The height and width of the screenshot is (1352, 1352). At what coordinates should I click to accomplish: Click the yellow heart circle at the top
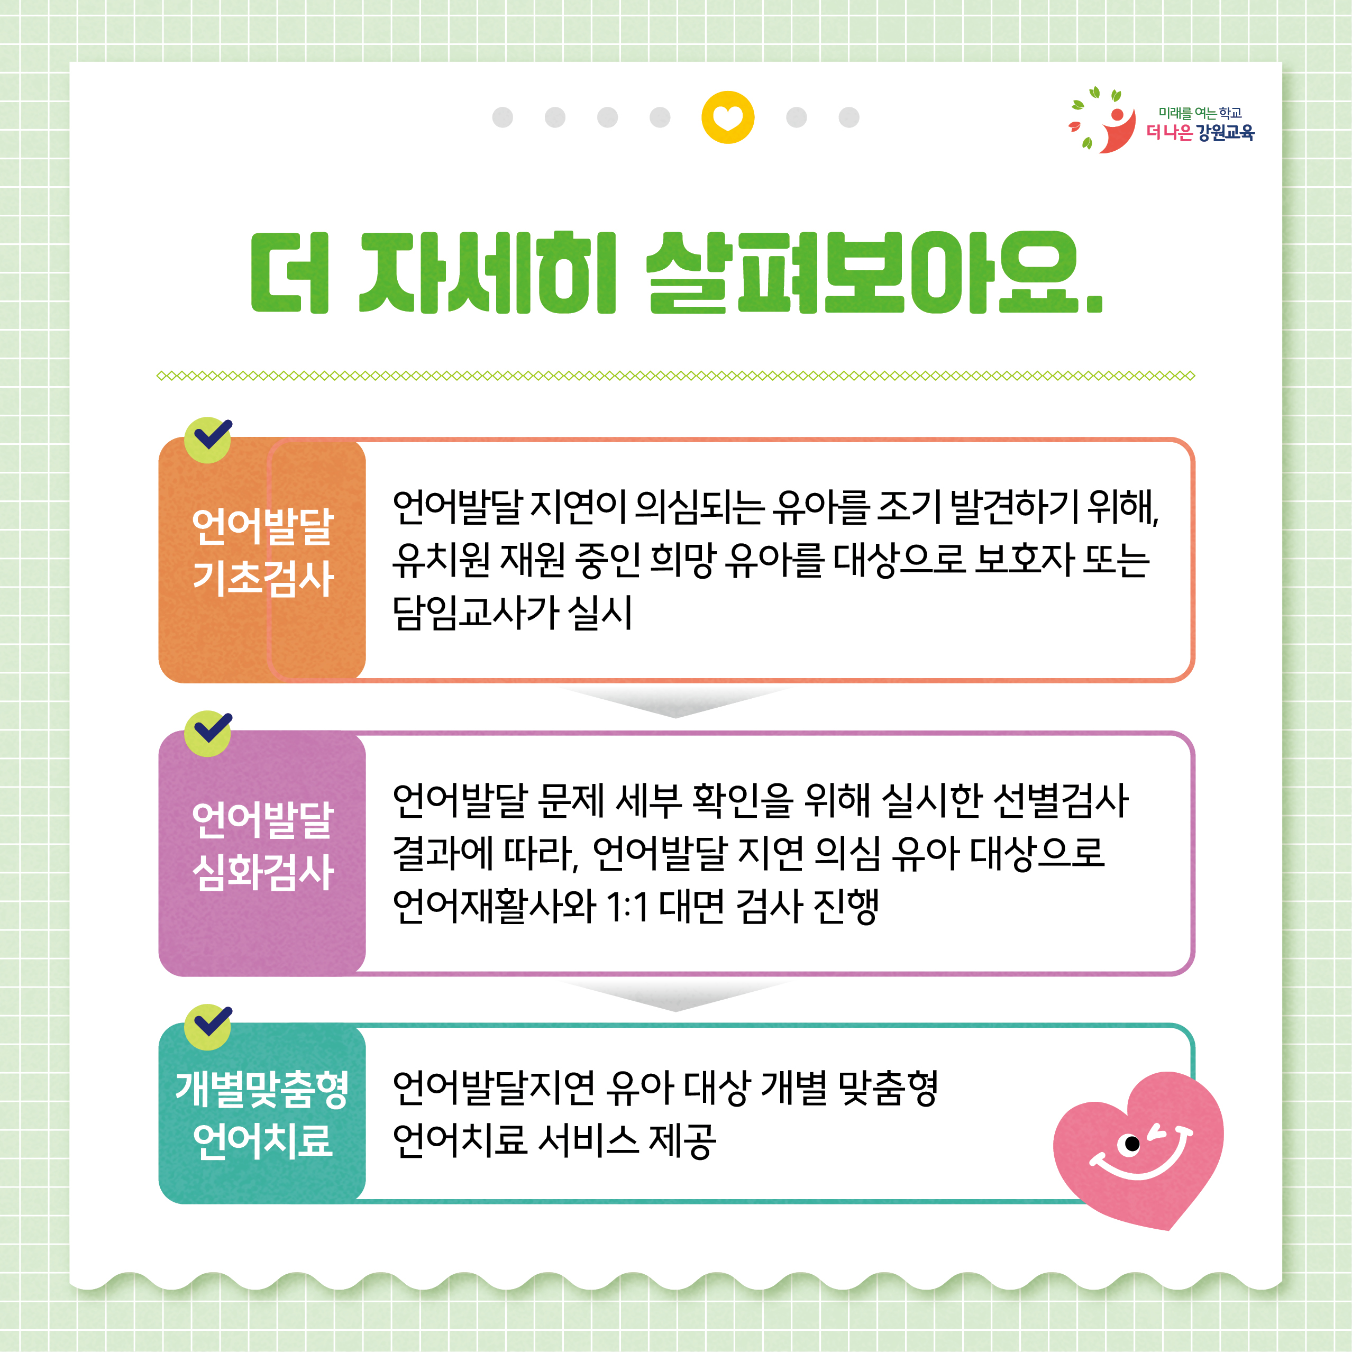click(x=728, y=117)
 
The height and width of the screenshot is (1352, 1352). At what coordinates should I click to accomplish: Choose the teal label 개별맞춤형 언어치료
click(x=262, y=1114)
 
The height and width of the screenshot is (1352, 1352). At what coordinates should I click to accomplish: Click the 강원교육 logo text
click(x=1226, y=132)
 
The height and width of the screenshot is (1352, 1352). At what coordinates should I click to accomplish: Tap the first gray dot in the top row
click(x=503, y=117)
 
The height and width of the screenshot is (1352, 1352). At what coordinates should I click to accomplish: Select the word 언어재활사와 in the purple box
click(x=494, y=907)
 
